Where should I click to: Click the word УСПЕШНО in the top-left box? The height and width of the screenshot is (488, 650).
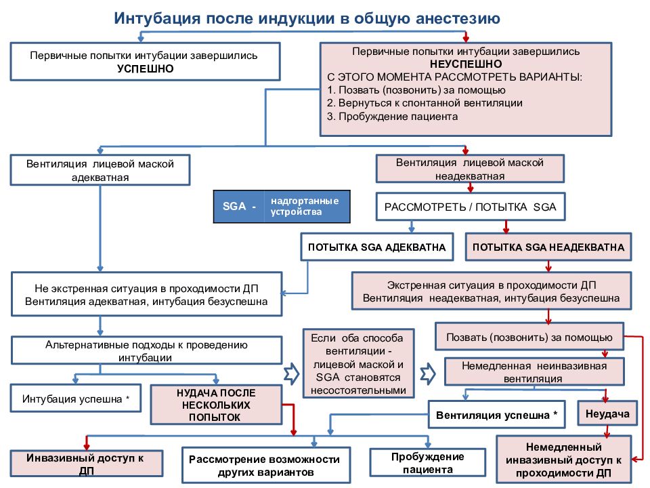(x=145, y=68)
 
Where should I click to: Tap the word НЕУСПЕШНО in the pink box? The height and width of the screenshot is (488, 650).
(x=466, y=64)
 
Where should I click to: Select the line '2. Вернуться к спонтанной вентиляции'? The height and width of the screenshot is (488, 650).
(x=425, y=103)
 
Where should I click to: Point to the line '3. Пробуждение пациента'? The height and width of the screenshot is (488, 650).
(x=392, y=116)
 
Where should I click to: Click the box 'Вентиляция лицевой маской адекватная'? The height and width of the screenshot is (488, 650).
(x=100, y=170)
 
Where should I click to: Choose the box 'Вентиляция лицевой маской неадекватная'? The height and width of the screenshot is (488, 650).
(x=470, y=169)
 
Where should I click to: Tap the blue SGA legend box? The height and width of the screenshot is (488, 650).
(x=282, y=207)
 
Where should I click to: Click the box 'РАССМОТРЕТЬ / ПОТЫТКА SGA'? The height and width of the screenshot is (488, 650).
(x=471, y=207)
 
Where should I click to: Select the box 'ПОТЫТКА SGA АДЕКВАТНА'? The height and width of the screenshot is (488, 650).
(x=377, y=247)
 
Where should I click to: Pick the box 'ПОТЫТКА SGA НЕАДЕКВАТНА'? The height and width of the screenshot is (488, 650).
(x=548, y=247)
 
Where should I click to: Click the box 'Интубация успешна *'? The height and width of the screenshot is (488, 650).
(x=76, y=399)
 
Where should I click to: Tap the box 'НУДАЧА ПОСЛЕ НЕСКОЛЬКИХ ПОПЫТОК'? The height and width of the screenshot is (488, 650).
(x=216, y=405)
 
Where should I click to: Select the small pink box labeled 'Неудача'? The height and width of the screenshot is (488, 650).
(x=607, y=413)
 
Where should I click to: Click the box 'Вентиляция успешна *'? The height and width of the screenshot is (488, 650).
(x=496, y=415)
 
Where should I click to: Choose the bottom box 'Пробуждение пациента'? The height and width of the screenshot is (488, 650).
(x=428, y=463)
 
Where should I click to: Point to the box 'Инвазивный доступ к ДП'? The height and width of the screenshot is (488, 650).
(x=86, y=464)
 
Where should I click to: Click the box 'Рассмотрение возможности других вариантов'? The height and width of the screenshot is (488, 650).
(x=265, y=465)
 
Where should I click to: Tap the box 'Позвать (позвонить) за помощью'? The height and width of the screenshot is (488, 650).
(x=529, y=337)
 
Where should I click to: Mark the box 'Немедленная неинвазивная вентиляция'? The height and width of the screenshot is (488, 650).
(x=534, y=372)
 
